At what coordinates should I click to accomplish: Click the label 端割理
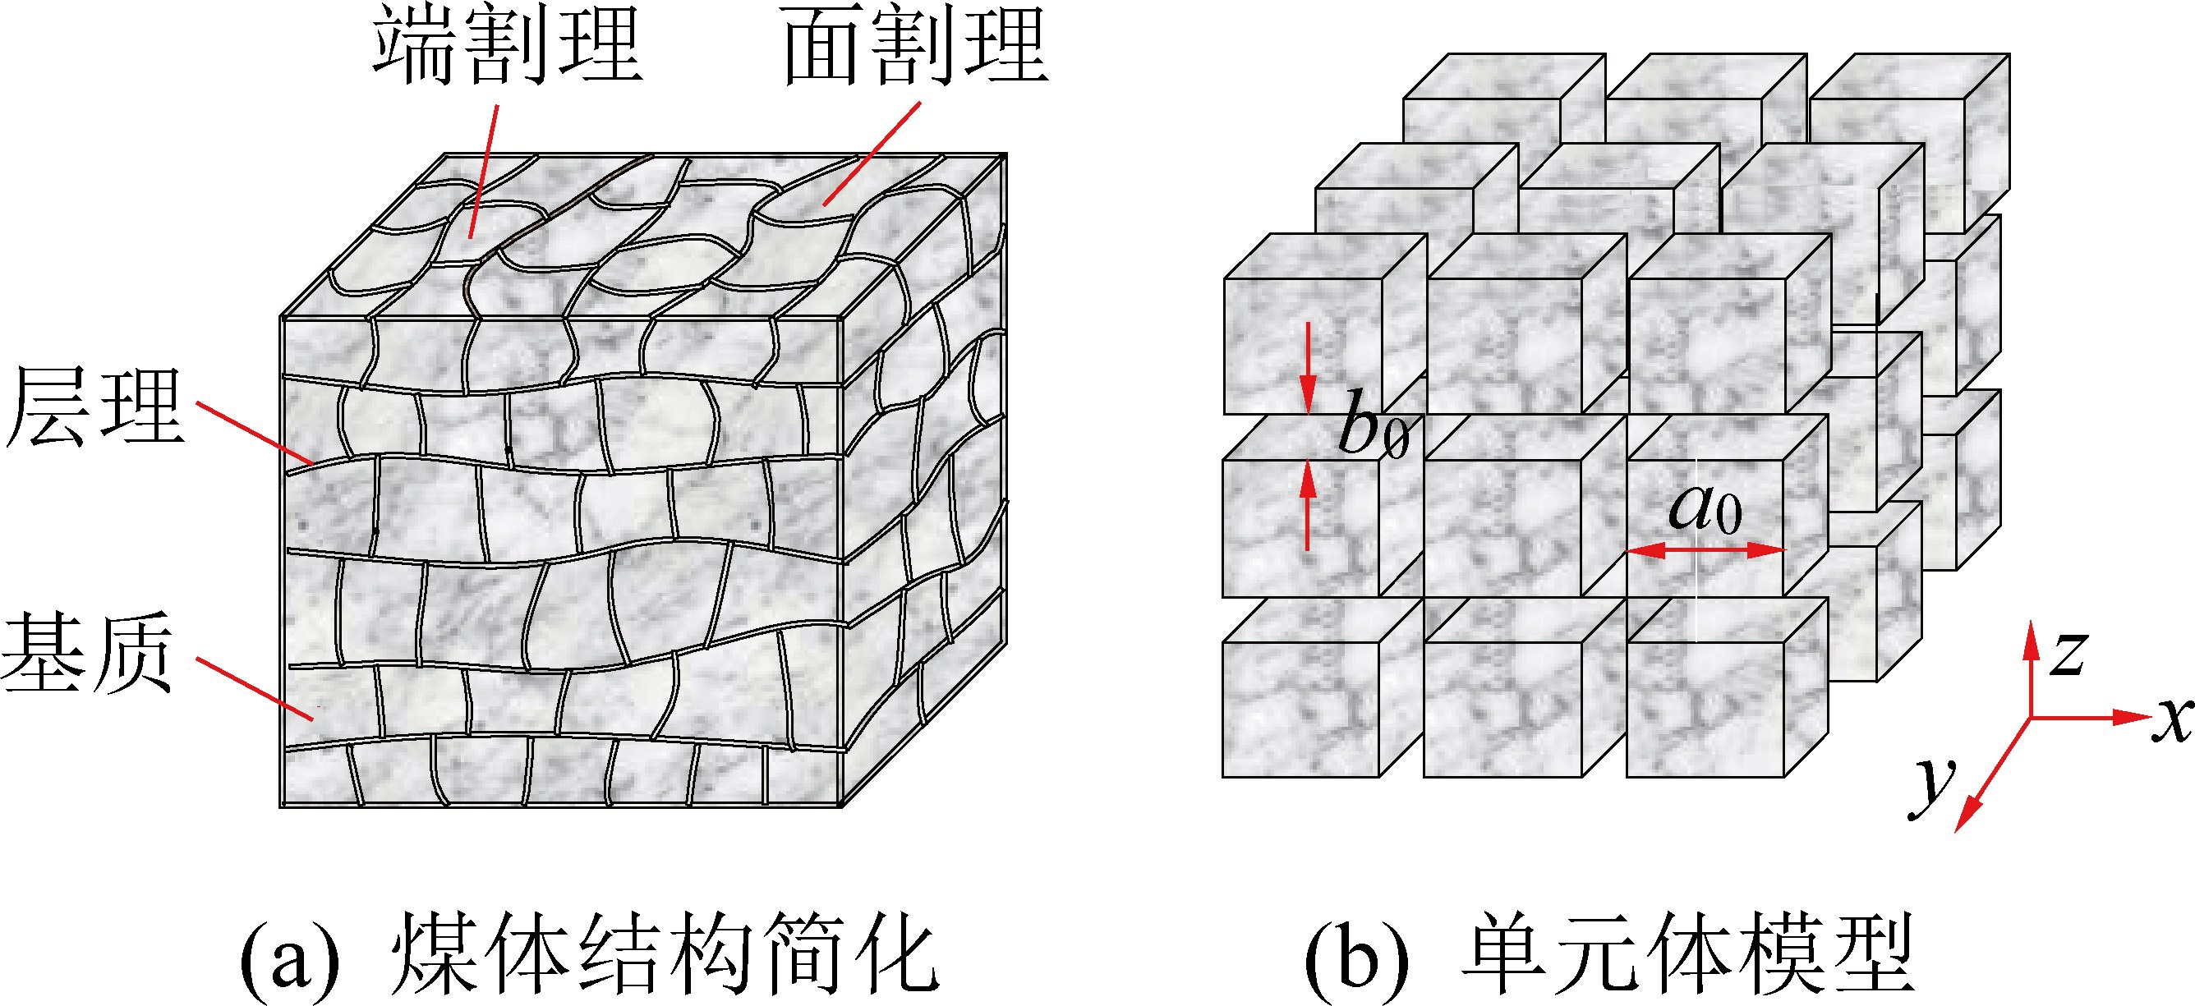(x=508, y=47)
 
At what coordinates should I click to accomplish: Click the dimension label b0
(x=1372, y=425)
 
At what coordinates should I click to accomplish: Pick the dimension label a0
(x=1705, y=508)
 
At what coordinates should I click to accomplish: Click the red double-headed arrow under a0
(x=1705, y=551)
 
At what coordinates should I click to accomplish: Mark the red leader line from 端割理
(x=484, y=170)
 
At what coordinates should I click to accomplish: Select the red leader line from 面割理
(x=872, y=154)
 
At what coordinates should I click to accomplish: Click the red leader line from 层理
(x=255, y=434)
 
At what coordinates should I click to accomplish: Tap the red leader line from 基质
(x=255, y=689)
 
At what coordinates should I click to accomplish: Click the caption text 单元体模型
(x=1687, y=954)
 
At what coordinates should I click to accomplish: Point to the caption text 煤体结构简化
(x=665, y=954)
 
